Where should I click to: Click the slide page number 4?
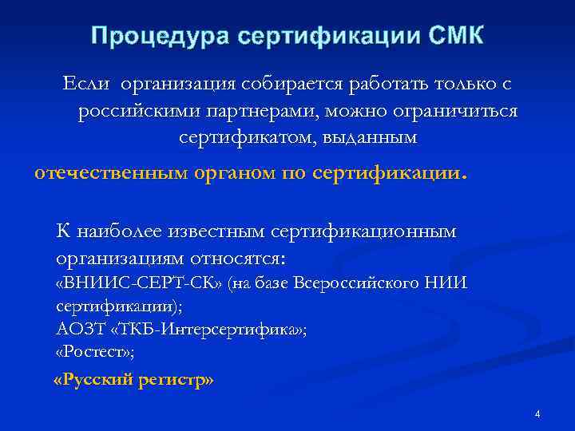tap(537, 414)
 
